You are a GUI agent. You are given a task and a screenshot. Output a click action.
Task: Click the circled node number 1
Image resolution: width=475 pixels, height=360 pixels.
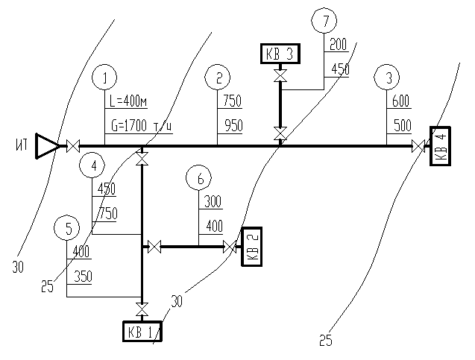pyautogui.click(x=105, y=77)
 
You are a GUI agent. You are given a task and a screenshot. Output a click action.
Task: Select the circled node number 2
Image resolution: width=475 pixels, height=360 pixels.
pyautogui.click(x=218, y=77)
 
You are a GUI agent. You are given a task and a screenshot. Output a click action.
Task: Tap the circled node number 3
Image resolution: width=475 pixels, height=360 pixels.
pyautogui.click(x=388, y=77)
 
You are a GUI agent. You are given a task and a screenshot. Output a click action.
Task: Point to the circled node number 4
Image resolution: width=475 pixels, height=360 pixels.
pyautogui.click(x=92, y=165)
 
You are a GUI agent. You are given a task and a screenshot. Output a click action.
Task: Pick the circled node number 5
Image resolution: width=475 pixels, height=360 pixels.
pyautogui.click(x=68, y=227)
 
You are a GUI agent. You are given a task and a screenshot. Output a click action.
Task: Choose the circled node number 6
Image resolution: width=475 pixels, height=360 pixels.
pyautogui.click(x=199, y=179)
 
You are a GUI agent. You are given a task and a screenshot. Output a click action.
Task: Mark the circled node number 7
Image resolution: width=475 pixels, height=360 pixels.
pyautogui.click(x=324, y=21)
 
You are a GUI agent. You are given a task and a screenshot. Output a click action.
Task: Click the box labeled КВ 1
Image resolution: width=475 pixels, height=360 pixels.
pyautogui.click(x=142, y=330)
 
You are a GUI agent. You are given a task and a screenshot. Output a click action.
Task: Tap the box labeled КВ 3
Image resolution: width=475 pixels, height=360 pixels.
pyautogui.click(x=280, y=54)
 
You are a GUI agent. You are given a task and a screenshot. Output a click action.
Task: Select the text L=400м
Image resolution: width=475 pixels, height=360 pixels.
pyautogui.click(x=129, y=102)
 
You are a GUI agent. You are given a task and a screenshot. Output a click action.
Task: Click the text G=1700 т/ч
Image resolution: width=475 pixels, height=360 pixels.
pyautogui.click(x=139, y=126)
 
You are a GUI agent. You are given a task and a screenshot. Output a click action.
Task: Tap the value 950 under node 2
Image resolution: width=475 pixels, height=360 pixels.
pyautogui.click(x=233, y=126)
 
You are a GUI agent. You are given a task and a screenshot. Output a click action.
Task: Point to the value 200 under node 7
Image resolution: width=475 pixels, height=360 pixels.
pyautogui.click(x=339, y=45)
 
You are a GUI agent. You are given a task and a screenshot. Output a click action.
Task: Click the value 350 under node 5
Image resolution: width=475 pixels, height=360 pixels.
pyautogui.click(x=83, y=277)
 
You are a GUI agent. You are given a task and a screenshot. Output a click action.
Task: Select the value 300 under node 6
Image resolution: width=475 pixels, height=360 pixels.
pyautogui.click(x=213, y=202)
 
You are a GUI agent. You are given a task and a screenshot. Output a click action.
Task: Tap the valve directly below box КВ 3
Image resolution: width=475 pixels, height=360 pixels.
pyautogui.click(x=280, y=77)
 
